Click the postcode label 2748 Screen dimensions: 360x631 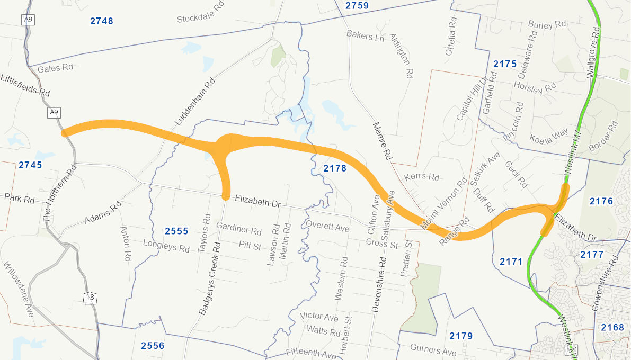(102, 21)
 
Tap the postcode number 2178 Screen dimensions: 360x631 (334, 168)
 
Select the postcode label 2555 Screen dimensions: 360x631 (176, 231)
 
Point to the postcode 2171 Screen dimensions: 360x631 (511, 262)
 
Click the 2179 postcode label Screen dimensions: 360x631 (461, 336)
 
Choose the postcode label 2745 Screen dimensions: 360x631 (30, 165)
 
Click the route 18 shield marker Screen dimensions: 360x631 (90, 298)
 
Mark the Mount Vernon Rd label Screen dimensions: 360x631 (443, 203)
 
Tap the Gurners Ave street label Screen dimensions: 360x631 (433, 350)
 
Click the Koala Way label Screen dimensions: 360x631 (549, 136)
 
